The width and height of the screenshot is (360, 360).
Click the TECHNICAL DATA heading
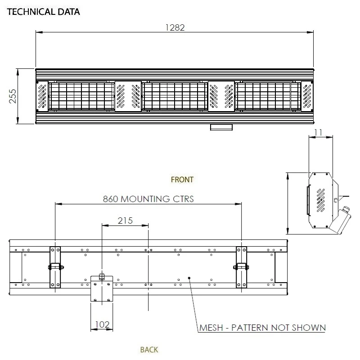coord(43,12)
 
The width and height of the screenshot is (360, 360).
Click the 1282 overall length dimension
coord(175,27)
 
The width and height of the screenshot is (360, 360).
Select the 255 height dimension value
coord(13,96)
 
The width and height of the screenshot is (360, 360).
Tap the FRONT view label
coord(182,180)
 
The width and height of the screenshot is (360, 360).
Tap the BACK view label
coord(149,349)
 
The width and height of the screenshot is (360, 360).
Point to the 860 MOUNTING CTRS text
coord(148,198)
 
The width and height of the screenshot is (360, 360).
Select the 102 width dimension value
coord(102,324)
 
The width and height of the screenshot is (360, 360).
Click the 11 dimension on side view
coord(319,133)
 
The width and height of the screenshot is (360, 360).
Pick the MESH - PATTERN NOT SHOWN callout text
coord(262,327)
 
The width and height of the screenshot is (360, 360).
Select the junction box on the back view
coord(102,288)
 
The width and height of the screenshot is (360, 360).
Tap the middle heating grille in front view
coord(175,96)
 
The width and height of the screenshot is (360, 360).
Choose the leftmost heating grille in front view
coord(81,96)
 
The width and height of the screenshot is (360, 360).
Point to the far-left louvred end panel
coord(42,96)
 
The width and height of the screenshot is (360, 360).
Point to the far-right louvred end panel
coord(307,96)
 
